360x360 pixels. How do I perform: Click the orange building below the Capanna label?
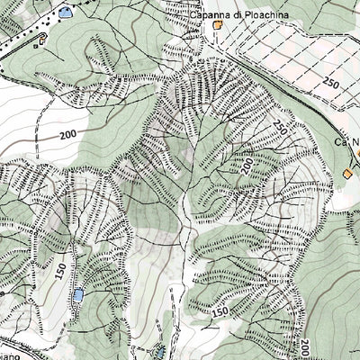pyautogui.click(x=218, y=27)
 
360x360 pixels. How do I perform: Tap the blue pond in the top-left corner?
pyautogui.click(x=65, y=13)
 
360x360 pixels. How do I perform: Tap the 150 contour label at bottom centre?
pyautogui.click(x=221, y=310)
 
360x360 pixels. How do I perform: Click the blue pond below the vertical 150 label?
pyautogui.click(x=78, y=295)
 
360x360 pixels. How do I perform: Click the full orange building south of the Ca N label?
pyautogui.click(x=349, y=172)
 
